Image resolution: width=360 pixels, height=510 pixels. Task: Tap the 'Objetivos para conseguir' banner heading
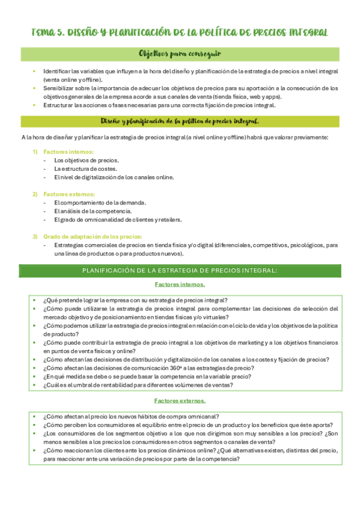point(180,54)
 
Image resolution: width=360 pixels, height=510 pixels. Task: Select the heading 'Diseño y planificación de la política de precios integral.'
point(180,121)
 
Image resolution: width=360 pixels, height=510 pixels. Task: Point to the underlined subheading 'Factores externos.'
point(180,400)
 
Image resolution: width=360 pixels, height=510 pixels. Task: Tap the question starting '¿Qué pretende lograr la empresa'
point(135,300)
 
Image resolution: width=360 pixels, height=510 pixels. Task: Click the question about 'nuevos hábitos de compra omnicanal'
point(131,416)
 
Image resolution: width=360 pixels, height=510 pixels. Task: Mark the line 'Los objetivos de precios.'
point(87,160)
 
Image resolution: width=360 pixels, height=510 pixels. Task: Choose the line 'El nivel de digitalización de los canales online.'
point(114,177)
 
